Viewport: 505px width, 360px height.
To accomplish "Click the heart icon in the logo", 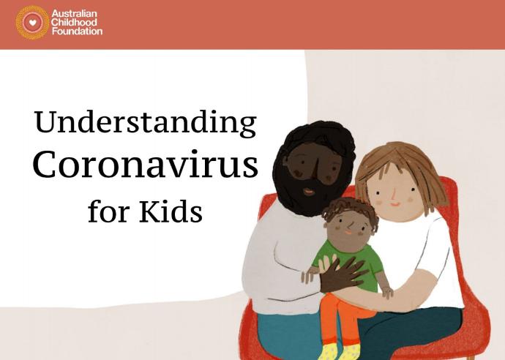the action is tap(32, 23).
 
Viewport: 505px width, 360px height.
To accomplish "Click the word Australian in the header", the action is tap(74, 14).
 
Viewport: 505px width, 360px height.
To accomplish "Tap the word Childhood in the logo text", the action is tap(74, 22).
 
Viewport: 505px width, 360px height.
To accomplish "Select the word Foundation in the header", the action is tap(78, 31).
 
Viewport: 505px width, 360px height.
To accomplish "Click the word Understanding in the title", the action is tap(145, 122).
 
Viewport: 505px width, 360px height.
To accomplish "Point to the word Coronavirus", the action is tap(145, 164).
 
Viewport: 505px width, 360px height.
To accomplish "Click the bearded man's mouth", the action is tap(309, 192).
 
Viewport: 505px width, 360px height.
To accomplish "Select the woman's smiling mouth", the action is tap(395, 204).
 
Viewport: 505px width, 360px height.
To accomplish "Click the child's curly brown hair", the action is tap(351, 209).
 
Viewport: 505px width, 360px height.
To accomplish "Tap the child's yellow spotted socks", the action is tap(341, 352).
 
